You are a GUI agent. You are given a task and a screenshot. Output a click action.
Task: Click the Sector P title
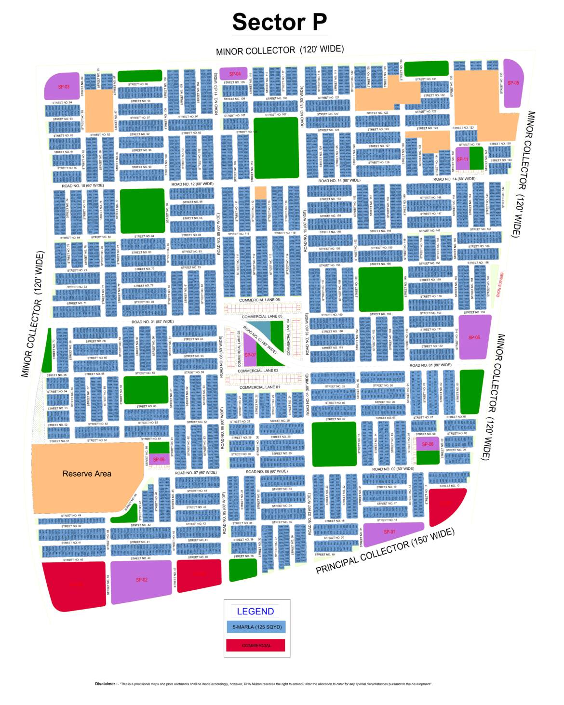pos(280,22)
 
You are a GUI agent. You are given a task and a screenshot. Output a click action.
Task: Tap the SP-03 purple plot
pos(63,87)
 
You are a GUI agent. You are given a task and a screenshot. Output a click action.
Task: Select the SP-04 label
pos(235,74)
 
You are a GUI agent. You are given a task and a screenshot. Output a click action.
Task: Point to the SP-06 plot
pos(474,337)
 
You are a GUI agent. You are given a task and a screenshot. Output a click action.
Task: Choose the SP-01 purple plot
pos(389,532)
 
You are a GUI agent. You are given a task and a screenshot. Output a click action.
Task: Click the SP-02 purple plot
pos(141,580)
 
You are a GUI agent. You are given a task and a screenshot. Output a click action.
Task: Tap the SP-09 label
pos(159,459)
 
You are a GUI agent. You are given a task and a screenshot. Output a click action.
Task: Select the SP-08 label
pos(428,444)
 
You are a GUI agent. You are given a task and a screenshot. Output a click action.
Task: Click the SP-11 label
pos(462,160)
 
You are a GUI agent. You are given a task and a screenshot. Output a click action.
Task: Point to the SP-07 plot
pos(250,355)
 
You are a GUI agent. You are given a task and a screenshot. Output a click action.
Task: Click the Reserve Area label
pos(87,474)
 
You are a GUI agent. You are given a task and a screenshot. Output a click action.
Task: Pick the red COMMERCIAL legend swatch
pos(256,645)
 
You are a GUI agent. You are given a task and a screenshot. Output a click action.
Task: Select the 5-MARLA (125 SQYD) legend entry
pos(256,627)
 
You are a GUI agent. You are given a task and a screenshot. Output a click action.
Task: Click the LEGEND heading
pos(255,611)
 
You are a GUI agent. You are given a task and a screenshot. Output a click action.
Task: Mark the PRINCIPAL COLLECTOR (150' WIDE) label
pos(385,551)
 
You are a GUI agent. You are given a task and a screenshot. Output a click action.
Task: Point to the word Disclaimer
pos(105,684)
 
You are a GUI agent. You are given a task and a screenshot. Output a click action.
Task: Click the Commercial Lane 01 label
pos(259,387)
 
